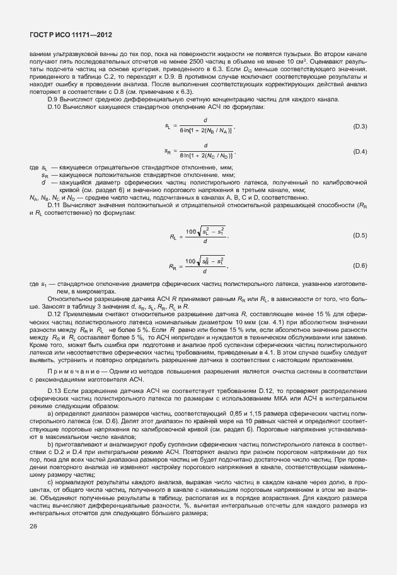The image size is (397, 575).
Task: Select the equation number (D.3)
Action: [360, 127]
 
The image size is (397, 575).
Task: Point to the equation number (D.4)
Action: [360, 152]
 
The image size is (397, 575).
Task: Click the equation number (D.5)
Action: [360, 235]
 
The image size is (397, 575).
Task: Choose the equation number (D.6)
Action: [360, 266]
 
